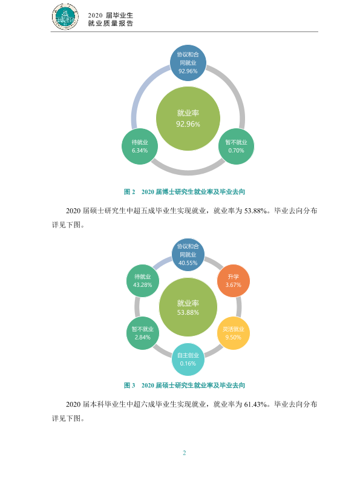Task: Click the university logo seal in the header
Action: pyautogui.click(x=65, y=16)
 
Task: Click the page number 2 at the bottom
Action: pyautogui.click(x=184, y=453)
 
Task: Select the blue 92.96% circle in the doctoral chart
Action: pyautogui.click(x=188, y=63)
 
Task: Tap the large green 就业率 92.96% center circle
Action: pyautogui.click(x=188, y=119)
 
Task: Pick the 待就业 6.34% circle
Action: pyautogui.click(x=140, y=146)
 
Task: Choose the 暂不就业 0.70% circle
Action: pyautogui.click(x=236, y=146)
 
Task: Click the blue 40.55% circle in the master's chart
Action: pyautogui.click(x=188, y=254)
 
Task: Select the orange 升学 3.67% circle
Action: pyautogui.click(x=233, y=281)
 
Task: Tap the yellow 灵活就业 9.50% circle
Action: pyautogui.click(x=233, y=333)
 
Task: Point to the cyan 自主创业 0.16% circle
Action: pyautogui.click(x=188, y=359)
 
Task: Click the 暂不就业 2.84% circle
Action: pyautogui.click(x=142, y=333)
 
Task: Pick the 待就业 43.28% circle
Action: pyautogui.click(x=142, y=281)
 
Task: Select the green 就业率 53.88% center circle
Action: pyautogui.click(x=188, y=307)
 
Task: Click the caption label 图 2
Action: pyautogui.click(x=129, y=192)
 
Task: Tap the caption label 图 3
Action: pyautogui.click(x=129, y=386)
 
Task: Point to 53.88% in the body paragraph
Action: pyautogui.click(x=255, y=211)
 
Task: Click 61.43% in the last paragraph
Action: pyautogui.click(x=255, y=404)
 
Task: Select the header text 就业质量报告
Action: pyautogui.click(x=110, y=24)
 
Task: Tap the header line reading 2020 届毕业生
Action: pyautogui.click(x=110, y=15)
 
